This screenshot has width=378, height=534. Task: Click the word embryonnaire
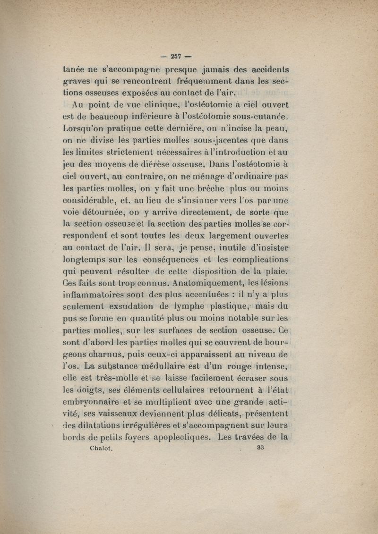92,402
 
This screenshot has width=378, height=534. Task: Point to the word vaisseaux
109,414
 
